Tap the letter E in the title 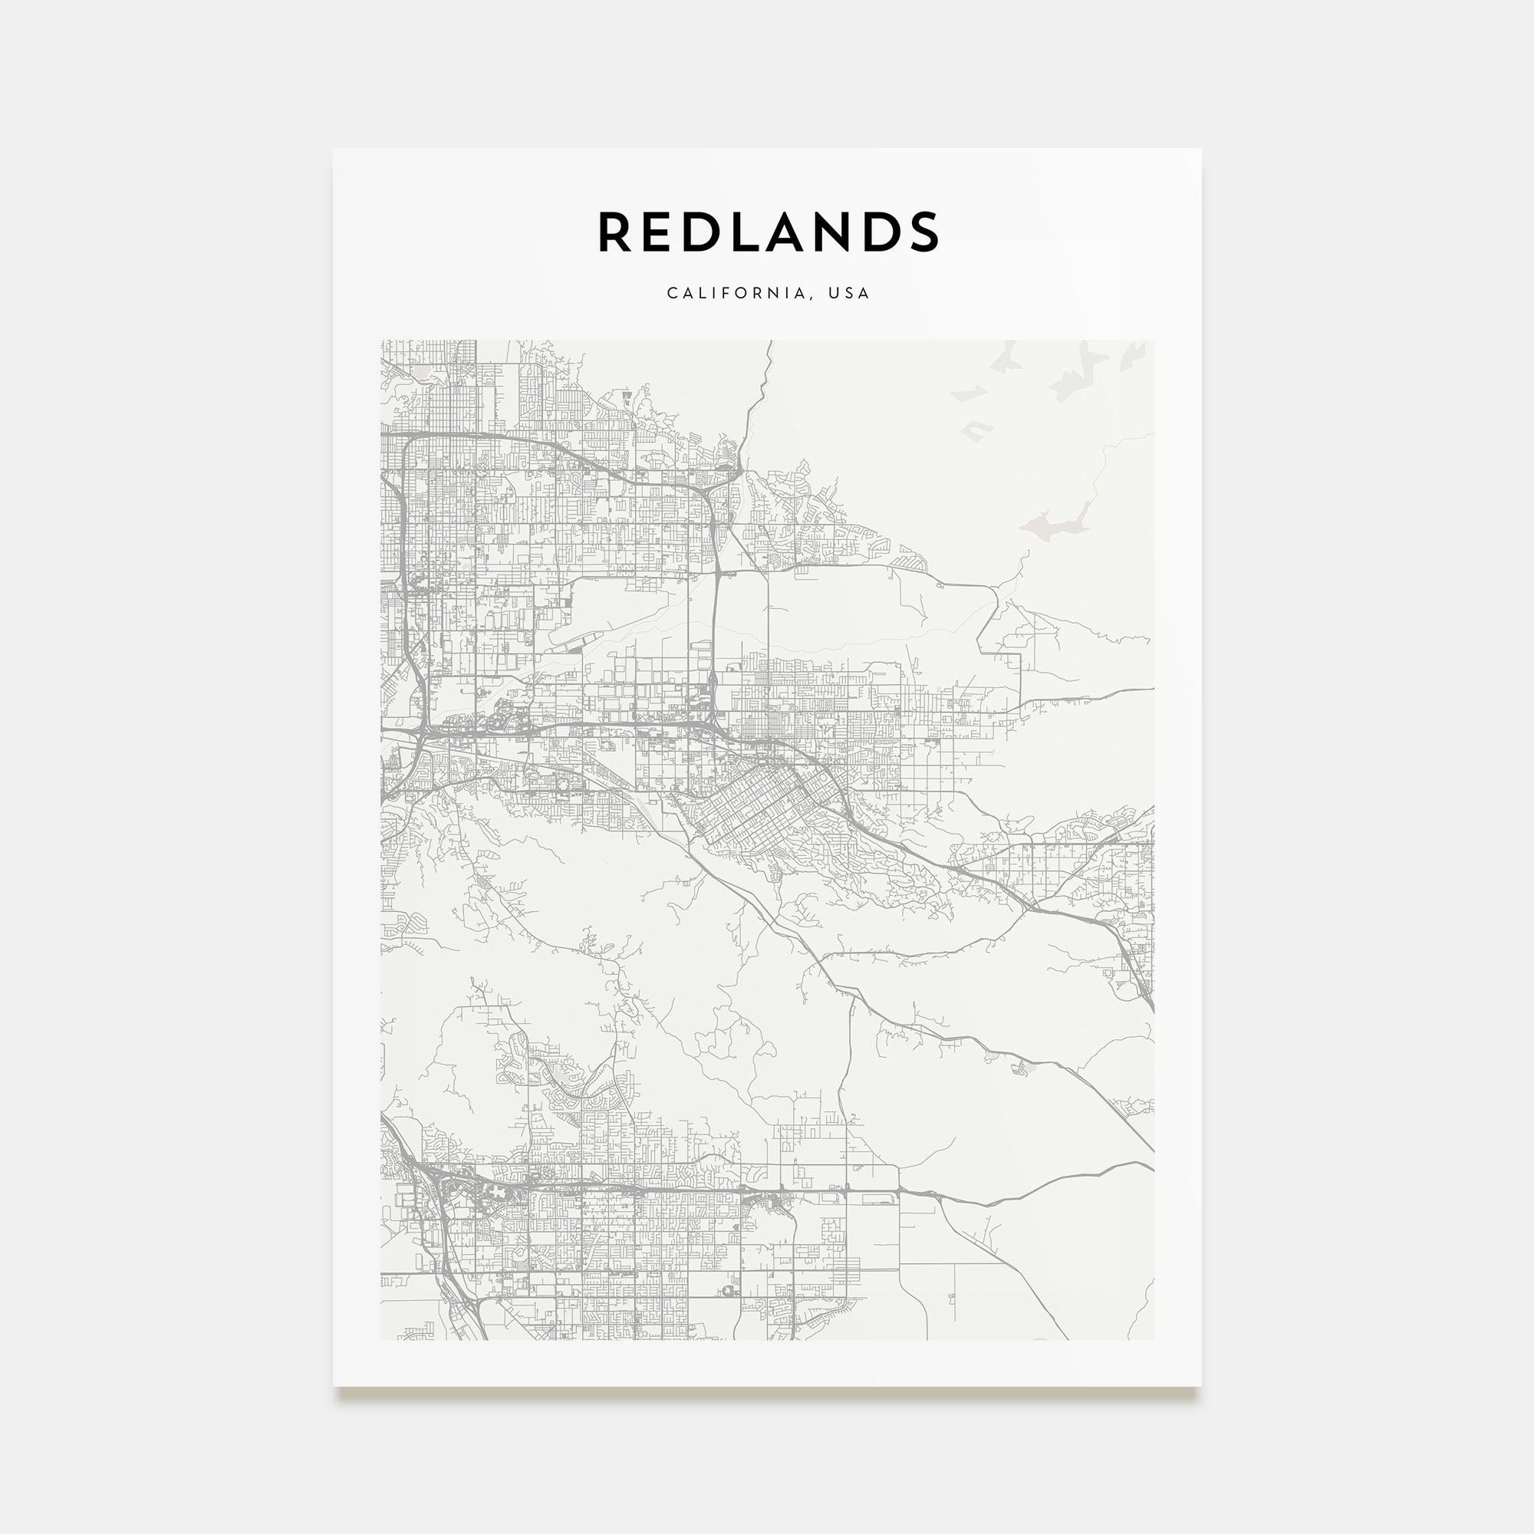tap(660, 232)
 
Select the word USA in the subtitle tap(849, 293)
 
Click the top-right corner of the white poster tap(1200, 150)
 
